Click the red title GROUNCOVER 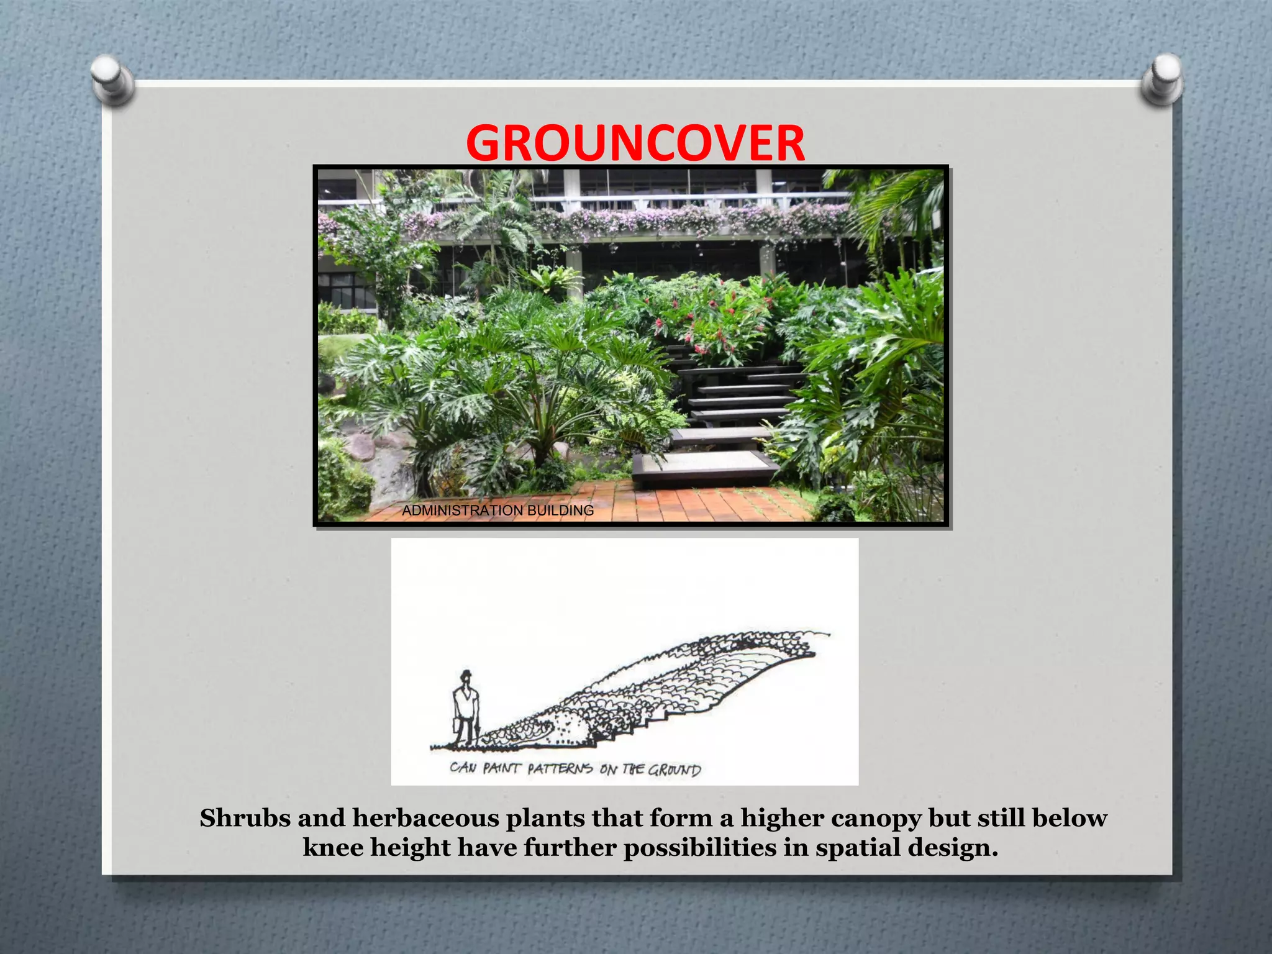pos(635,143)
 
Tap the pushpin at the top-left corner pos(112,78)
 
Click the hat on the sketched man pos(465,675)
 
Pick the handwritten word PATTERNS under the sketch pos(560,769)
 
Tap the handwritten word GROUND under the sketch pos(675,770)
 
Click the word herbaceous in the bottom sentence pos(427,818)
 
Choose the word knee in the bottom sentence pos(333,847)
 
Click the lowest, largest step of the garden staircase pos(705,467)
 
